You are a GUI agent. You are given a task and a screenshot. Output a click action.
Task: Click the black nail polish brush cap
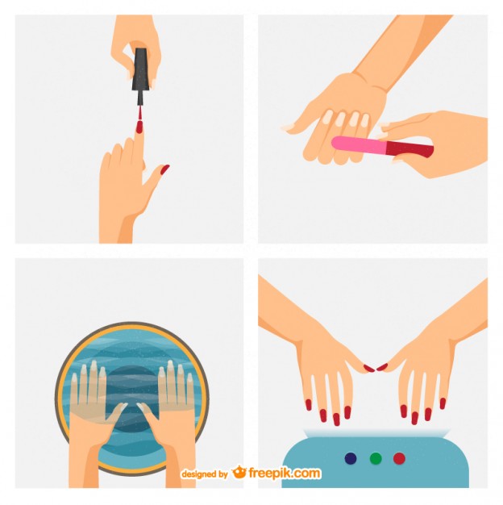pyautogui.click(x=141, y=71)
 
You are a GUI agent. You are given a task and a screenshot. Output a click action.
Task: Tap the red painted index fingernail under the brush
pyautogui.click(x=139, y=127)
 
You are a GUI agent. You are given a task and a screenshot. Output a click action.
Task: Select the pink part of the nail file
pyautogui.click(x=360, y=144)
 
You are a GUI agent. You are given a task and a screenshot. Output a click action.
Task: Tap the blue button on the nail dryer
pyautogui.click(x=351, y=458)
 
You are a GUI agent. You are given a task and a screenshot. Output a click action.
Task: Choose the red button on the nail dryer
pyautogui.click(x=399, y=458)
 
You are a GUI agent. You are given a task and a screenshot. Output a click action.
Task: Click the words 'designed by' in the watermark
pyautogui.click(x=204, y=475)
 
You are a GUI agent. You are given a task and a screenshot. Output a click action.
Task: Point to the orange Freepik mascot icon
pyautogui.click(x=239, y=473)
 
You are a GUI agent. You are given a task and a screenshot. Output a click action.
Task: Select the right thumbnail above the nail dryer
pyautogui.click(x=382, y=368)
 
